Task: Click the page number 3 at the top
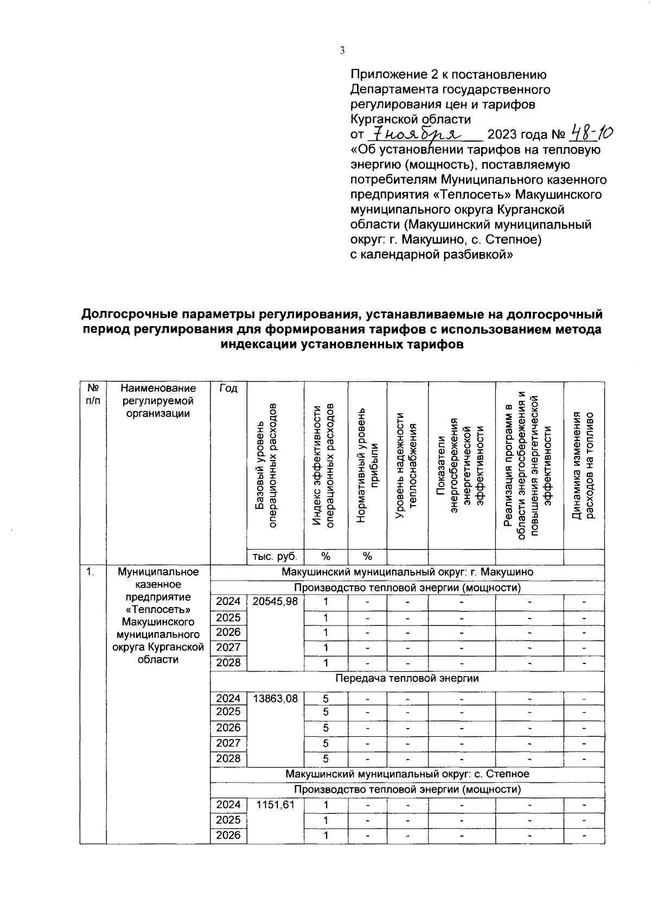[342, 51]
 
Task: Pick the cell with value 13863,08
[275, 699]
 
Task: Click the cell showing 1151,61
[275, 805]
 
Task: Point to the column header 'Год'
[228, 388]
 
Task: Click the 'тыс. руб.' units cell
[275, 556]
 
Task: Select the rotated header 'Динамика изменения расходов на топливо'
[584, 466]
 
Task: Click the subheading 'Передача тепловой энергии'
[407, 678]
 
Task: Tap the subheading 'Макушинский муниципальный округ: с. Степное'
[407, 774]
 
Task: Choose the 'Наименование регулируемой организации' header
[158, 401]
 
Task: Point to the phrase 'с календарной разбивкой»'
[431, 254]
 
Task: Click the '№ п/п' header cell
[93, 394]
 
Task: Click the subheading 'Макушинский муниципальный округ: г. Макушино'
[407, 572]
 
